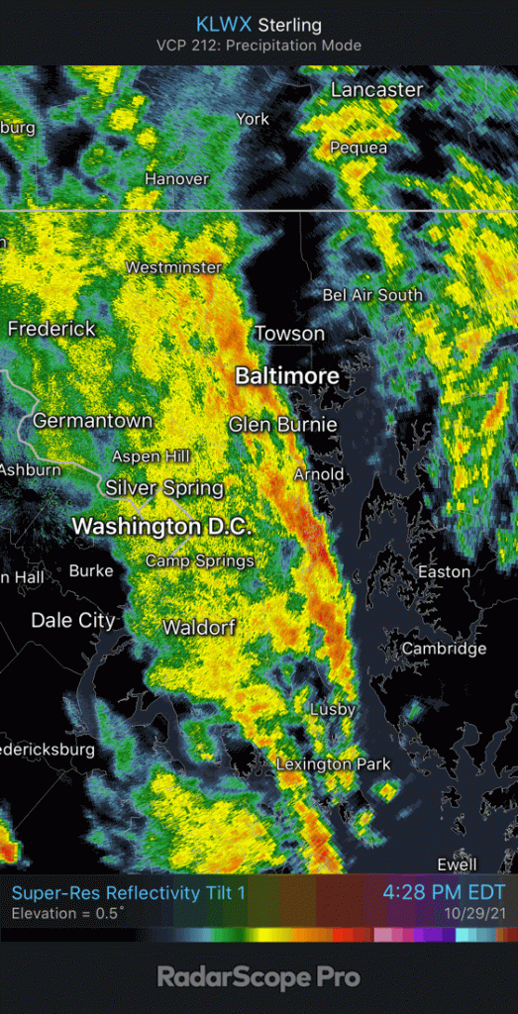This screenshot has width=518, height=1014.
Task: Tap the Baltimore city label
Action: pyautogui.click(x=287, y=376)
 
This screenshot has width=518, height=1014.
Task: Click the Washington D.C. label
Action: pyautogui.click(x=161, y=526)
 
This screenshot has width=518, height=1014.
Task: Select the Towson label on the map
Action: pyautogui.click(x=290, y=334)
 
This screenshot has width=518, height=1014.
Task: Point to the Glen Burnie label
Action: pyautogui.click(x=283, y=425)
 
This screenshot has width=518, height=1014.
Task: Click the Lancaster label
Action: pyautogui.click(x=376, y=90)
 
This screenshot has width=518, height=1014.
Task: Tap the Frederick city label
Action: pyautogui.click(x=52, y=329)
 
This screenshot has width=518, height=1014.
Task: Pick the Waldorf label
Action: pyautogui.click(x=199, y=628)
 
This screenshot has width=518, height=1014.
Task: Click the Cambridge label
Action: pyautogui.click(x=444, y=649)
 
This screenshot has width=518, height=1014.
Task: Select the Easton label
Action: pyautogui.click(x=444, y=571)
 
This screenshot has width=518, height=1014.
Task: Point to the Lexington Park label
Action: pyautogui.click(x=333, y=763)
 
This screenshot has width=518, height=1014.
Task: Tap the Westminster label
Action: pyautogui.click(x=173, y=267)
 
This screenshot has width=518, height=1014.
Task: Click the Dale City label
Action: pyautogui.click(x=73, y=621)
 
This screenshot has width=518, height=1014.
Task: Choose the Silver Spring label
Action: pyautogui.click(x=164, y=488)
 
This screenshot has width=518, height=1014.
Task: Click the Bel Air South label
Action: pyautogui.click(x=372, y=295)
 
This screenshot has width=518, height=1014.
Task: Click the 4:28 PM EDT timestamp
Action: pyautogui.click(x=444, y=892)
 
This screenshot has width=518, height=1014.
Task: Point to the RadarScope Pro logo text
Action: pyautogui.click(x=259, y=978)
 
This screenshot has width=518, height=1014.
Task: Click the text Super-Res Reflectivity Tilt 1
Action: pyautogui.click(x=129, y=892)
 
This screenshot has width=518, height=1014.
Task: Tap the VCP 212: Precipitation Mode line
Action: pyautogui.click(x=259, y=46)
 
